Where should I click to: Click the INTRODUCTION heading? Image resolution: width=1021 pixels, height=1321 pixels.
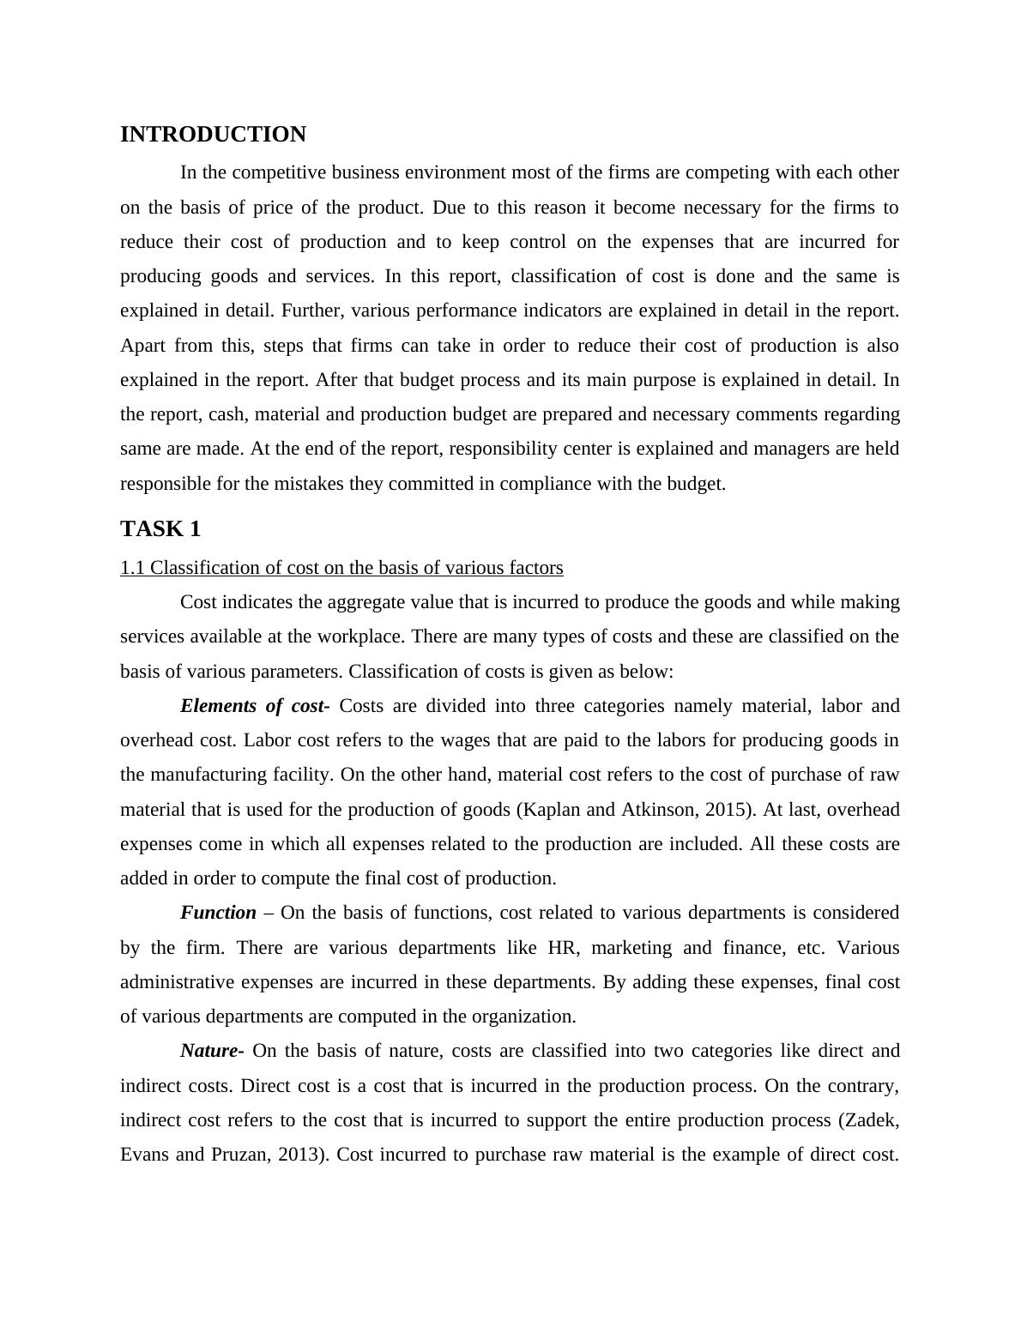213,135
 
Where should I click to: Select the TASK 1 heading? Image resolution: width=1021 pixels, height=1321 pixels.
160,529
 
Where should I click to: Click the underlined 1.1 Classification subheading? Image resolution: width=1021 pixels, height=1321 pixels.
341,568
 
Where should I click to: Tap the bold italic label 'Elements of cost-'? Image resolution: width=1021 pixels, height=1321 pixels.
254,706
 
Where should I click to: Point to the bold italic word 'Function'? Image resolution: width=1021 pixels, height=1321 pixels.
218,913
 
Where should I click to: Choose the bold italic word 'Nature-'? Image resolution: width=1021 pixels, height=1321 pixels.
212,1051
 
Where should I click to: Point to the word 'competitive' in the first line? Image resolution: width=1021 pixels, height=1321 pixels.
278,172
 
